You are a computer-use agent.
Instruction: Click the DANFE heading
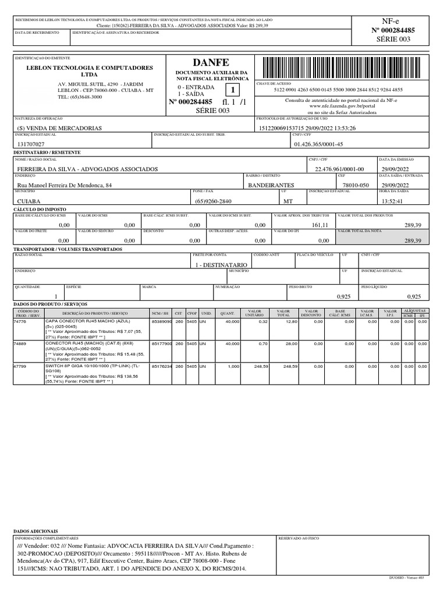(x=208, y=62)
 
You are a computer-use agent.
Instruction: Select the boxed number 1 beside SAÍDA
(x=233, y=90)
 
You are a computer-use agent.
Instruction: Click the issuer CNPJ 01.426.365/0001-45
(x=319, y=144)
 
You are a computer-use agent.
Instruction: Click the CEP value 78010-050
(x=350, y=185)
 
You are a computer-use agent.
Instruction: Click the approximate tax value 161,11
(x=320, y=225)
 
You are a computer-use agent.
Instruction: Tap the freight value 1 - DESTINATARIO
(x=221, y=264)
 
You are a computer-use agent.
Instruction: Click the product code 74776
(x=21, y=321)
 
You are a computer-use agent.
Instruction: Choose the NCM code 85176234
(x=161, y=367)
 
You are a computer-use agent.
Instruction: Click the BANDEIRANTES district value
(x=271, y=185)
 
